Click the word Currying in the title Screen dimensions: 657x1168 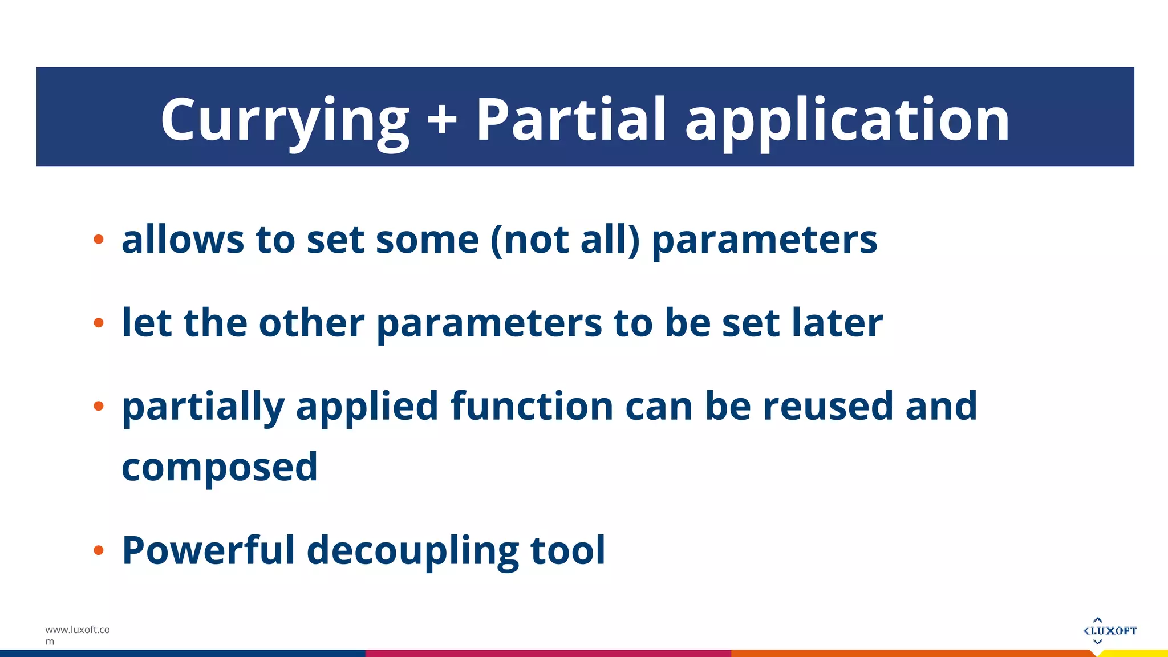(284, 120)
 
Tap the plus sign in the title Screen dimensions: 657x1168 (442, 120)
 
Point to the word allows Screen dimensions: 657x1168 (182, 240)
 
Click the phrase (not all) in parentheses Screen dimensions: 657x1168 (565, 240)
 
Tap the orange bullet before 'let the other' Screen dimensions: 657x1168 (99, 323)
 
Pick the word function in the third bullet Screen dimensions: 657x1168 (532, 406)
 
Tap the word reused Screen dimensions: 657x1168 (828, 406)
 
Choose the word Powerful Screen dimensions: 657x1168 (208, 550)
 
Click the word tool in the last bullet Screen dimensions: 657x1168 (567, 550)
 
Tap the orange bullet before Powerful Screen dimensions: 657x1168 (99, 550)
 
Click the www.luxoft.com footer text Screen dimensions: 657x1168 (77, 635)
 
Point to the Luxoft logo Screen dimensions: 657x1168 (1109, 630)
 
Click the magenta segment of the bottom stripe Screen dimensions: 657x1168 (547, 653)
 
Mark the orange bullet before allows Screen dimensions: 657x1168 (99, 240)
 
